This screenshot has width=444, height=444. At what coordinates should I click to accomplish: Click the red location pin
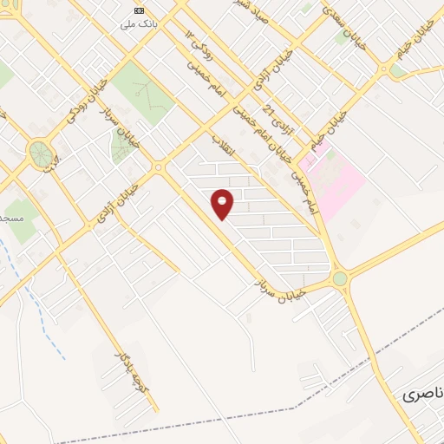click(x=223, y=204)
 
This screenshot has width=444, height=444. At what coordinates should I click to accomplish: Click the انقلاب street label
click(x=223, y=149)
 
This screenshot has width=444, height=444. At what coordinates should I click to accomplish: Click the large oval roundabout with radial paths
click(x=40, y=154)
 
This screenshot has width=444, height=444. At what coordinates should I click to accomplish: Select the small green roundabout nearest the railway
click(x=339, y=278)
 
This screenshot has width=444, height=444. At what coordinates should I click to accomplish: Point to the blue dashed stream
click(x=38, y=304)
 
